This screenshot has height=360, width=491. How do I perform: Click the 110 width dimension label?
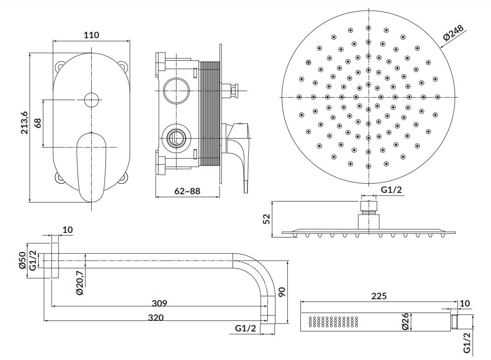(x=91, y=35)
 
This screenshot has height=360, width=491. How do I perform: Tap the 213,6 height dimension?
(x=24, y=123)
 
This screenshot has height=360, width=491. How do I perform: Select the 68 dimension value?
(x=38, y=123)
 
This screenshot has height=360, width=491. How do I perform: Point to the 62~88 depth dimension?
(x=187, y=191)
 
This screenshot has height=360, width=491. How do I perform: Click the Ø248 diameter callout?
(x=453, y=33)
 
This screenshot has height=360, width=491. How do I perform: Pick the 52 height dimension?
(x=267, y=219)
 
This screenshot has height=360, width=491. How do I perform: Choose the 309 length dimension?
(x=159, y=303)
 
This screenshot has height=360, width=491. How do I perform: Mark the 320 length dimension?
(x=156, y=318)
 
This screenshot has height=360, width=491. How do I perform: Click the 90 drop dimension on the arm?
(x=282, y=292)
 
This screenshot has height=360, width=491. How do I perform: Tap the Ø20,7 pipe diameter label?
(x=80, y=283)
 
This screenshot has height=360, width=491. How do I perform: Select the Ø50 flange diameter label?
(x=23, y=260)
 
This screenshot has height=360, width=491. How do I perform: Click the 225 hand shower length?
(x=379, y=296)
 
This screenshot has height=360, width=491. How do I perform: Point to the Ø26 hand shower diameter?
(x=405, y=321)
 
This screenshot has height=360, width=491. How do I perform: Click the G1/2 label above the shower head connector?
(x=391, y=190)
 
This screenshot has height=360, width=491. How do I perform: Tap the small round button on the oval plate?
(x=92, y=100)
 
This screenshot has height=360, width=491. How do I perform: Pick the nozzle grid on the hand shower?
(x=333, y=322)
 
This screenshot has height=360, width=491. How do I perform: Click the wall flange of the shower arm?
(x=55, y=261)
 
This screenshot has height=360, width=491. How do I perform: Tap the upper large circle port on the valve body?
(x=176, y=91)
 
